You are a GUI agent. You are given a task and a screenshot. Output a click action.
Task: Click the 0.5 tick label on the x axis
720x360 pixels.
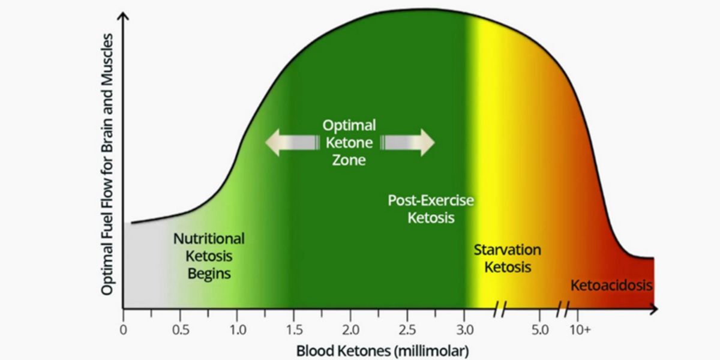(180, 329)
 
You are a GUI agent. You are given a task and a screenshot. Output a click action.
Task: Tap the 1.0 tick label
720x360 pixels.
(237, 329)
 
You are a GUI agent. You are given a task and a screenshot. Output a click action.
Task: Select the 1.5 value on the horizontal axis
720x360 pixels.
(294, 329)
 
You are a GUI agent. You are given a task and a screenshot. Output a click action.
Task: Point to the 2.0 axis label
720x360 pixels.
(351, 329)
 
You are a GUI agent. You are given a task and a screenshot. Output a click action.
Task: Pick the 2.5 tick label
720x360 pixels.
(408, 329)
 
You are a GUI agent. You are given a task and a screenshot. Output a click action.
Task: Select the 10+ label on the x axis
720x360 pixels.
(580, 329)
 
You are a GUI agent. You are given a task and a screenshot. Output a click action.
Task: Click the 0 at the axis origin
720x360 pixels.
(123, 329)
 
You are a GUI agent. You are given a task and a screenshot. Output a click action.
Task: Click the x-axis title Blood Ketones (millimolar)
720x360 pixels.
(382, 349)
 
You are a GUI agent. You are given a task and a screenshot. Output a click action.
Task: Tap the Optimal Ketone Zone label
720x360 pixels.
(349, 143)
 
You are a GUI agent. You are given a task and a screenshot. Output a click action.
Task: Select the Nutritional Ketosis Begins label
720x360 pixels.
(209, 256)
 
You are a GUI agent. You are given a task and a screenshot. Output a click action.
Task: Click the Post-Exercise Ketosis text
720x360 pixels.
(430, 209)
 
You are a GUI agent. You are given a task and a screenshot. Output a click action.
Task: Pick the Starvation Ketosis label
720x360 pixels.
(508, 258)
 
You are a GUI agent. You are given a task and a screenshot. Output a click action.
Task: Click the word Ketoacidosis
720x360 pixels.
(611, 285)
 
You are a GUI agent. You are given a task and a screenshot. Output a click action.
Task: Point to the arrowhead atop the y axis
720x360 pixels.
(124, 14)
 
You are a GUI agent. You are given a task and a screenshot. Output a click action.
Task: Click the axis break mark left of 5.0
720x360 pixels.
(500, 310)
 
